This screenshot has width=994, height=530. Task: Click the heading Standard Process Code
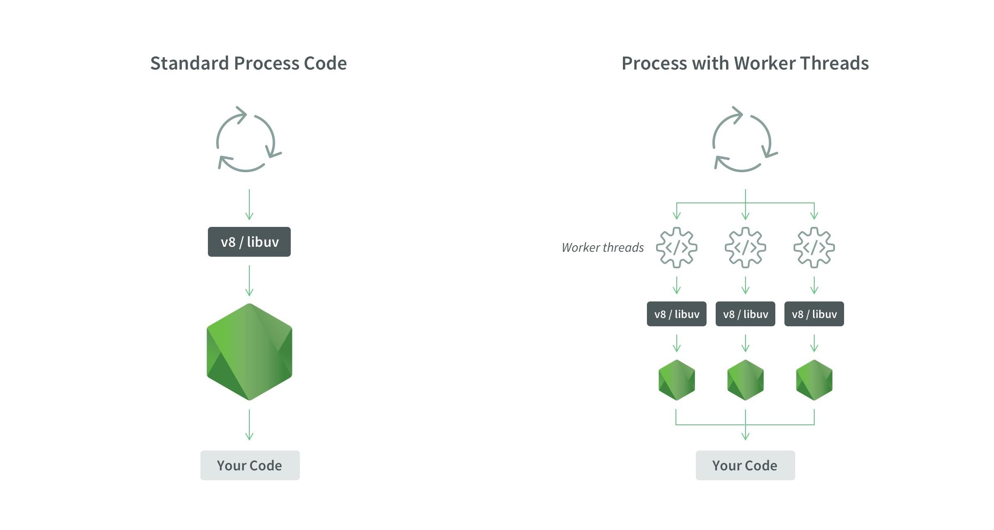248,63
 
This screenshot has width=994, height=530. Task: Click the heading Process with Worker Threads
745,63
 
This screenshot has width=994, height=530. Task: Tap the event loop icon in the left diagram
248,139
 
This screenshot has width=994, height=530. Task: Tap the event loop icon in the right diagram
744,139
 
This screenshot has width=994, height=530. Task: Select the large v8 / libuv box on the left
249,242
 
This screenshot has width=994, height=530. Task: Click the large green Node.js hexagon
249,352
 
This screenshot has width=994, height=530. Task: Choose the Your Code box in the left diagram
250,465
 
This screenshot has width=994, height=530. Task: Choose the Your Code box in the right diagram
745,465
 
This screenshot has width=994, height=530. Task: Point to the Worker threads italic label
603,248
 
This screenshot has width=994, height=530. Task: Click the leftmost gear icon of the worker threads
677,248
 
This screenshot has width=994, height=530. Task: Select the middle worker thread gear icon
745,248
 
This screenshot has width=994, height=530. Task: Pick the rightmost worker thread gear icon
814,248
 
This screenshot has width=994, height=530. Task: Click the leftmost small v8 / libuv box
677,314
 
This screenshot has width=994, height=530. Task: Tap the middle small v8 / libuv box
745,314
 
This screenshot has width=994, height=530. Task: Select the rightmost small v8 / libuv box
814,314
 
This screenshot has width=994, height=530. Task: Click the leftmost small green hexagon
677,380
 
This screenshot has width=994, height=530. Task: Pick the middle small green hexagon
745,380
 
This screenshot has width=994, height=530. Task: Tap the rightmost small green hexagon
814,380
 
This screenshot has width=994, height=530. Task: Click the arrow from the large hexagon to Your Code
249,425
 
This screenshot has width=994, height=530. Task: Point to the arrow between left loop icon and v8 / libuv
249,205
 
